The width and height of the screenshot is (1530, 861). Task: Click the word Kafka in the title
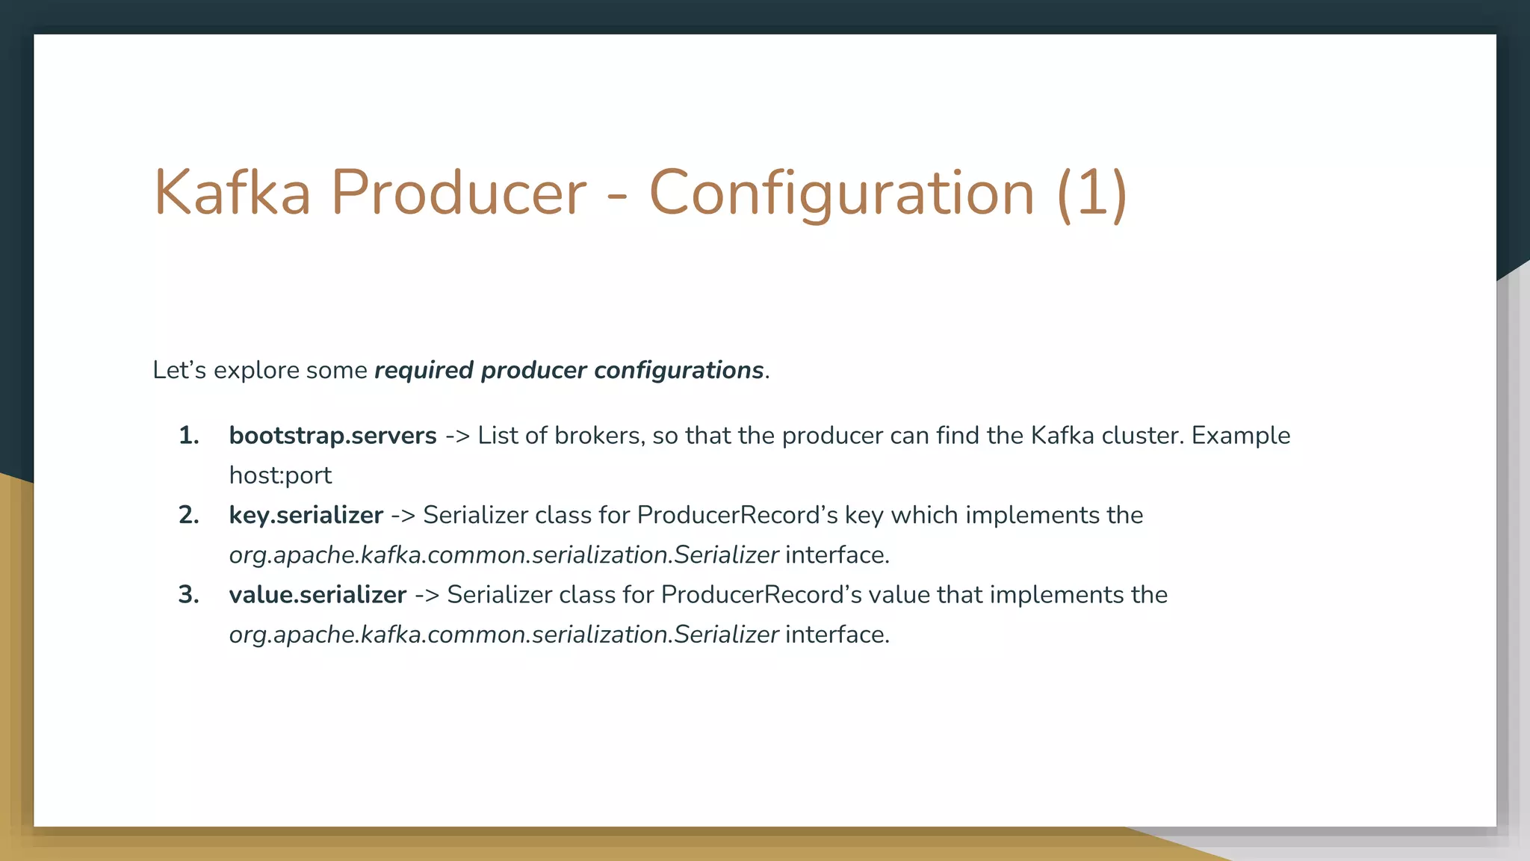point(232,193)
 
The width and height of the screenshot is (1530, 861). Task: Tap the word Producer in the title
point(459,193)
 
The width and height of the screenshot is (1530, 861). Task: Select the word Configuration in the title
point(842,193)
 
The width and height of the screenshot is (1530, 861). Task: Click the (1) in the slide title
point(1091,193)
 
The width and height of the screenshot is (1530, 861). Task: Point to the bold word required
point(424,371)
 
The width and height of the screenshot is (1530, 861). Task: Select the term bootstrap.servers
point(332,436)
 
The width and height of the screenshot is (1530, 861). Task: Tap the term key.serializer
point(306,515)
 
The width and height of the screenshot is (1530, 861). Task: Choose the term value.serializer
point(318,595)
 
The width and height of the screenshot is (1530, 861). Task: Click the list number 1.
point(189,436)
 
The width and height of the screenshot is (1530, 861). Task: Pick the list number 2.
point(189,515)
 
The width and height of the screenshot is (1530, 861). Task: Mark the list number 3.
point(189,595)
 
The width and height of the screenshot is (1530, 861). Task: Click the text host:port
point(280,475)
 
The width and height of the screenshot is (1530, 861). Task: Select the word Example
point(1241,436)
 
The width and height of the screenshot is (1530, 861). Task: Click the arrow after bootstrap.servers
point(457,436)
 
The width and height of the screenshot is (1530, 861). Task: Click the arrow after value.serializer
point(427,595)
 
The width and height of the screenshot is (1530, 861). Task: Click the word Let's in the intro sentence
point(179,371)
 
